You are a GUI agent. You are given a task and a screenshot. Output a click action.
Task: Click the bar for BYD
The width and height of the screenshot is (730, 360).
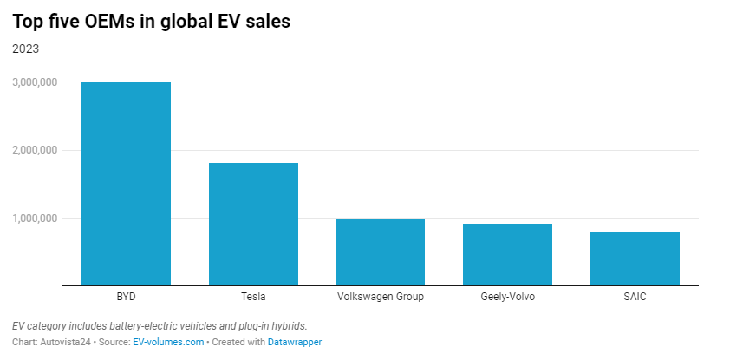(x=126, y=183)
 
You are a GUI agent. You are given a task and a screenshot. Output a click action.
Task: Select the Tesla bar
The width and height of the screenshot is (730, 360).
(x=253, y=224)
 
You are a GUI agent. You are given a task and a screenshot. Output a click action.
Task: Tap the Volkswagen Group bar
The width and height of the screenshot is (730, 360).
(x=380, y=252)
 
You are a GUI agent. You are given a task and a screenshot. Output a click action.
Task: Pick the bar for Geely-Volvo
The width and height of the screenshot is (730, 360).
(x=507, y=254)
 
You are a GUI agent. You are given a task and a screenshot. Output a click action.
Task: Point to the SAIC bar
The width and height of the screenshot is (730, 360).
(x=635, y=259)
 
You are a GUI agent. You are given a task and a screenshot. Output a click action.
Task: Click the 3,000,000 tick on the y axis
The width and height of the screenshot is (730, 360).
(x=35, y=82)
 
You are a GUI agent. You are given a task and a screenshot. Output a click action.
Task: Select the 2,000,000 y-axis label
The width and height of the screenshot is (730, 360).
(x=35, y=150)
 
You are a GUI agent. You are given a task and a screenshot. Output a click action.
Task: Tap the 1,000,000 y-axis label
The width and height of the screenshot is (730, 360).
(x=35, y=218)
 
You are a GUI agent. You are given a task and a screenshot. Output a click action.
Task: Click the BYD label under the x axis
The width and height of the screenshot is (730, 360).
(x=126, y=297)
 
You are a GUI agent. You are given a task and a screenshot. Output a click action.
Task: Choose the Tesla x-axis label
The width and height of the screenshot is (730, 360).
(x=253, y=297)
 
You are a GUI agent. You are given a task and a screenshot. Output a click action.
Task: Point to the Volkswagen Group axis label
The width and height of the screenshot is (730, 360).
(x=380, y=297)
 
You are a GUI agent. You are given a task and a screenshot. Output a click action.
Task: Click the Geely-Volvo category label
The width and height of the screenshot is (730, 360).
(x=507, y=297)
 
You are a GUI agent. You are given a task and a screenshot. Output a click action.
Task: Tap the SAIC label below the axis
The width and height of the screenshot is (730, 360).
(x=635, y=297)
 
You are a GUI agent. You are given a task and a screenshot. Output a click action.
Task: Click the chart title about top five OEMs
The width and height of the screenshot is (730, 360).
(x=151, y=22)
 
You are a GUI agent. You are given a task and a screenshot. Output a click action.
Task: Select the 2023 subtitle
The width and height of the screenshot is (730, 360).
(x=25, y=49)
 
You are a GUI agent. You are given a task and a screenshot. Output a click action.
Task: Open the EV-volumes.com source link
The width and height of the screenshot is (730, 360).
(x=168, y=342)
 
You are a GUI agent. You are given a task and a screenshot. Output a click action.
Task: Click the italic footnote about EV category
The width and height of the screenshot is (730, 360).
(x=160, y=325)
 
